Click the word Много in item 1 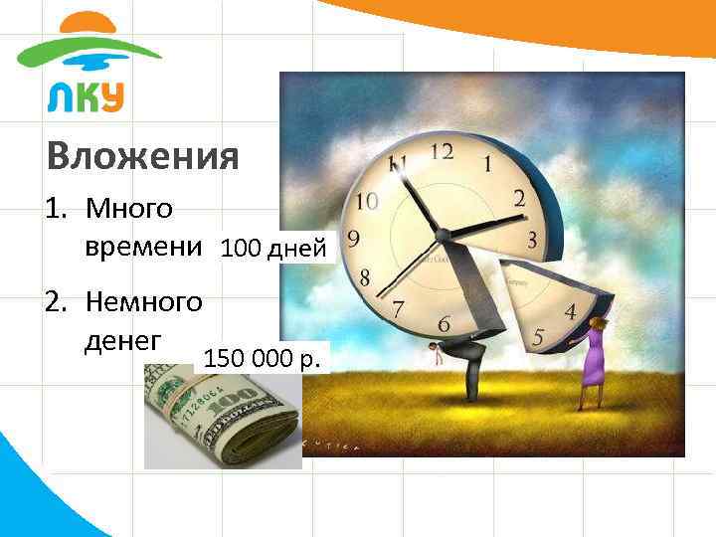[x=129, y=209]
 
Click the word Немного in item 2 [x=144, y=299]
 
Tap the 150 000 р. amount [x=263, y=358]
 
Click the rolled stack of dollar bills [x=221, y=418]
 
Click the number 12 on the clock [x=442, y=151]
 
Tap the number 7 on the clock [x=398, y=309]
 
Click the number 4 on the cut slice [x=570, y=311]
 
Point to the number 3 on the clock [x=533, y=240]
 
